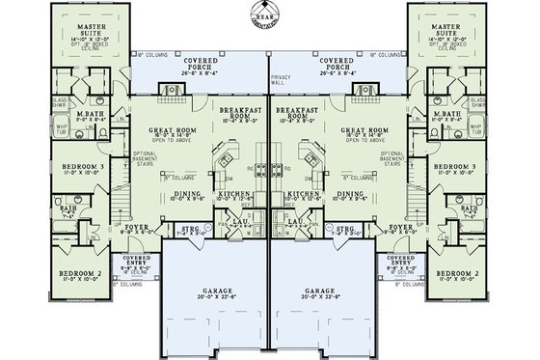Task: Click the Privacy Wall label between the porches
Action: (x=282, y=77)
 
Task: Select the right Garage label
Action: (x=325, y=291)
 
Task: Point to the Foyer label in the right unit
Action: (x=402, y=229)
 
